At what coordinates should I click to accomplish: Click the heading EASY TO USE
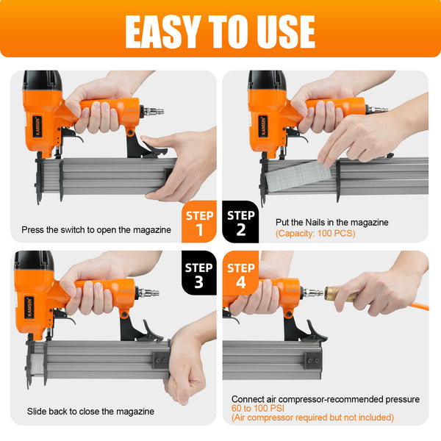[x=220, y=30]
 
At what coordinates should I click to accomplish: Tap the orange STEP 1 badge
[x=199, y=221]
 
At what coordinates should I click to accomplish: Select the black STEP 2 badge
[x=240, y=221]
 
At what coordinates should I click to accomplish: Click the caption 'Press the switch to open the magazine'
[x=96, y=230]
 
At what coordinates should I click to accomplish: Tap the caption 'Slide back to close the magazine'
[x=90, y=412]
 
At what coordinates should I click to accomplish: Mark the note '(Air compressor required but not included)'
[x=312, y=417]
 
